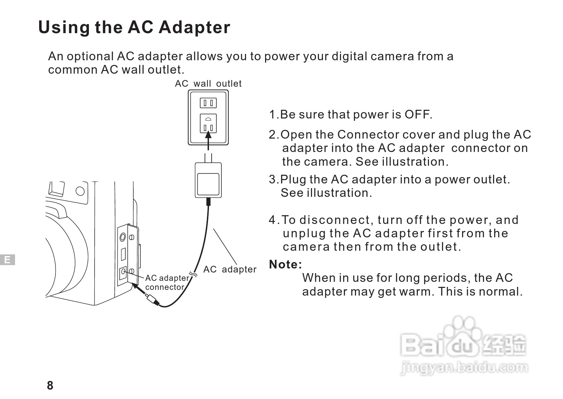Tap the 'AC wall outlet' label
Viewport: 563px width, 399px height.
pos(208,84)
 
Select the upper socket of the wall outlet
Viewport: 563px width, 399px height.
pos(208,103)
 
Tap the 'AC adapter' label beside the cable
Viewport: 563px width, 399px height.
pos(230,269)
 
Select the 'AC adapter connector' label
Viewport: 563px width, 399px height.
pos(166,283)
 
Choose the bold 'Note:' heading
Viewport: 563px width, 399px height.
pos(286,265)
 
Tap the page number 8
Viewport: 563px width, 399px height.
pos(50,386)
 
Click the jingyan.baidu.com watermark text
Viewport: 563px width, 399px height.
pos(464,368)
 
